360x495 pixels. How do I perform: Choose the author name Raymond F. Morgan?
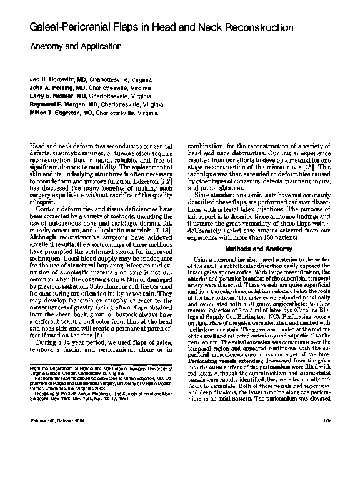point(59,106)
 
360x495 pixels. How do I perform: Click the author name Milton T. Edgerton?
point(57,114)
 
